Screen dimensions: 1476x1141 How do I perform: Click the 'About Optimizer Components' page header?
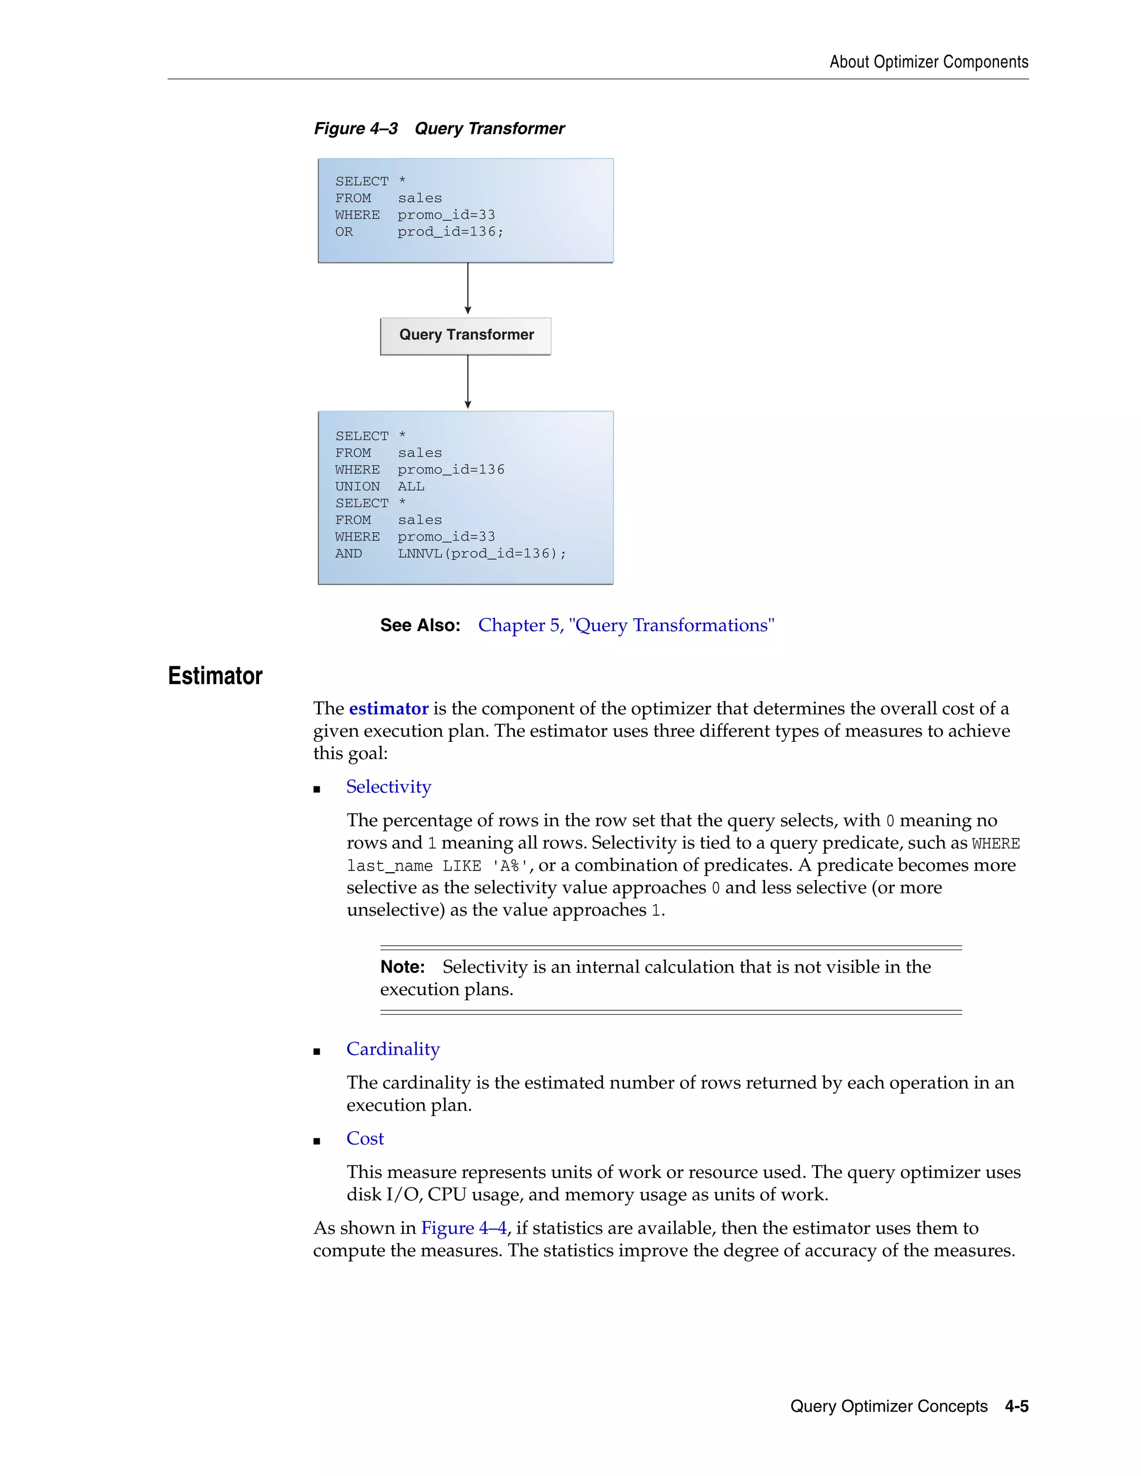pyautogui.click(x=928, y=62)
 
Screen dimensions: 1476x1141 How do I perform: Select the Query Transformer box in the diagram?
pyautogui.click(x=466, y=336)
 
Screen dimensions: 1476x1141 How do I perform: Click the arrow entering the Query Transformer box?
pyautogui.click(x=468, y=289)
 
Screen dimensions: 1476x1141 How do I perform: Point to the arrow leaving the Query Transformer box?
pyautogui.click(x=468, y=382)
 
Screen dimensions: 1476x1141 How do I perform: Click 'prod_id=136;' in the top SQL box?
pyautogui.click(x=450, y=232)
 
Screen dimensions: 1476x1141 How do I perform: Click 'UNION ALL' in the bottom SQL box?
pyautogui.click(x=379, y=487)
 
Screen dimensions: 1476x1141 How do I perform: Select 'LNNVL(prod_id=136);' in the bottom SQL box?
pyautogui.click(x=481, y=554)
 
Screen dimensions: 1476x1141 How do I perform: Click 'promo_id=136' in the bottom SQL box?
pyautogui.click(x=450, y=470)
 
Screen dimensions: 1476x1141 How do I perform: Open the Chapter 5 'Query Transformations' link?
pyautogui.click(x=626, y=625)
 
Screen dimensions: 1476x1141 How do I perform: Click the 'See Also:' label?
pyautogui.click(x=420, y=625)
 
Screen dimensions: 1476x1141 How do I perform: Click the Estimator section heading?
pyautogui.click(x=215, y=676)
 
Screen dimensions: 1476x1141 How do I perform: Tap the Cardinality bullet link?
pyautogui.click(x=393, y=1049)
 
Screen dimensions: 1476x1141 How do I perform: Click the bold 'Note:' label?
pyautogui.click(x=402, y=967)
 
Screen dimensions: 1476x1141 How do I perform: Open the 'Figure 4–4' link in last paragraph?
pyautogui.click(x=463, y=1228)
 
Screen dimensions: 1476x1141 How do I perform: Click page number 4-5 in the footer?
pyautogui.click(x=1016, y=1406)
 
